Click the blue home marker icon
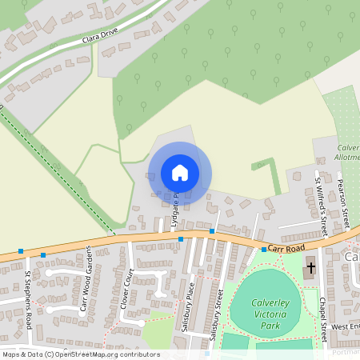pyautogui.click(x=180, y=173)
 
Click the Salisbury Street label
pyautogui.click(x=214, y=315)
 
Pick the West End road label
pyautogui.click(x=346, y=326)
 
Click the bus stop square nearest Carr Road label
pyautogui.click(x=263, y=250)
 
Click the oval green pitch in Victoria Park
pyautogui.click(x=265, y=303)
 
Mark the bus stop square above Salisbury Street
pyautogui.click(x=212, y=231)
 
